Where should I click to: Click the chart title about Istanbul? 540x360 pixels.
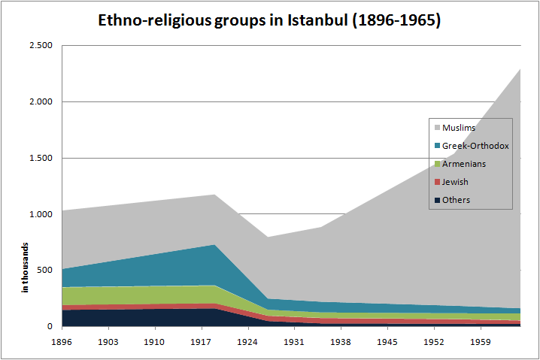pos(270,20)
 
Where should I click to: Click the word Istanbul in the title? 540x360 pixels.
pos(319,20)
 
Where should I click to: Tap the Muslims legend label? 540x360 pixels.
pos(458,128)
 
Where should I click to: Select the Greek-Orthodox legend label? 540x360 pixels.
pos(476,146)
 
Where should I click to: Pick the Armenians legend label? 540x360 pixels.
pos(464,164)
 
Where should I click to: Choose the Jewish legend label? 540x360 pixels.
pos(456,182)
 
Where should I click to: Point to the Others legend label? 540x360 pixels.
pos(456,200)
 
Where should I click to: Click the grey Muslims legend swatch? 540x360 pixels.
pos(436,128)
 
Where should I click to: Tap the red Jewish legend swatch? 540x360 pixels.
pos(436,182)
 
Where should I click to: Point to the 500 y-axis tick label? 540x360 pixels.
pos(44,271)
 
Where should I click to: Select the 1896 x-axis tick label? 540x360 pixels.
pos(63,341)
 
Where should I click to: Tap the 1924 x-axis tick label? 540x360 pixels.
pos(248,341)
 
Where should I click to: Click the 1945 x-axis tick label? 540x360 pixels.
pos(387,341)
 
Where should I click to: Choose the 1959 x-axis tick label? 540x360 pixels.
pos(480,341)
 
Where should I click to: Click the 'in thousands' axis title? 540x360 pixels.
pos(25,268)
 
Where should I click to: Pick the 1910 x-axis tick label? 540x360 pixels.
pos(156,341)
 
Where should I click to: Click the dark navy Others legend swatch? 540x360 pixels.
pos(436,200)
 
